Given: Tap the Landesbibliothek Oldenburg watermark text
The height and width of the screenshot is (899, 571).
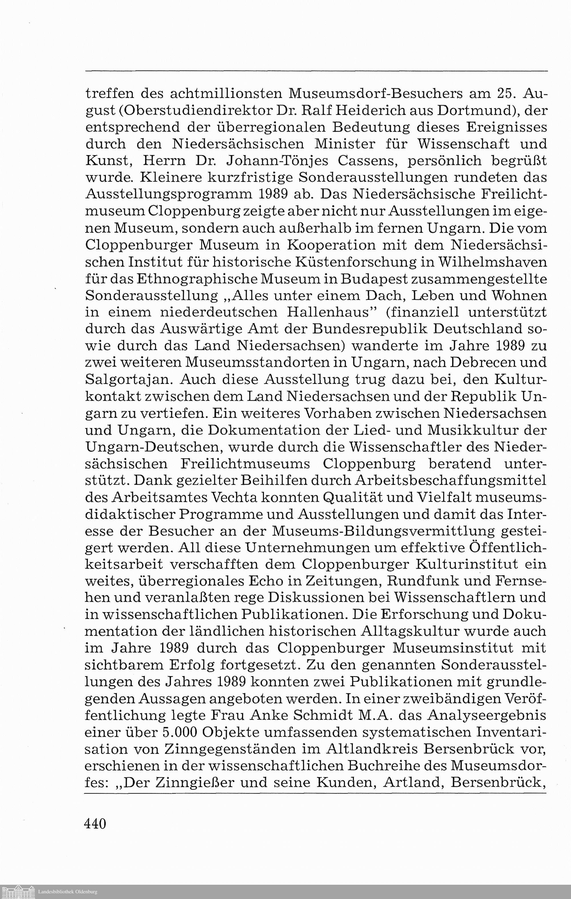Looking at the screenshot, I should click(68, 892).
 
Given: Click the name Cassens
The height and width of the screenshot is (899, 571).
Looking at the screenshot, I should click(368, 161).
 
